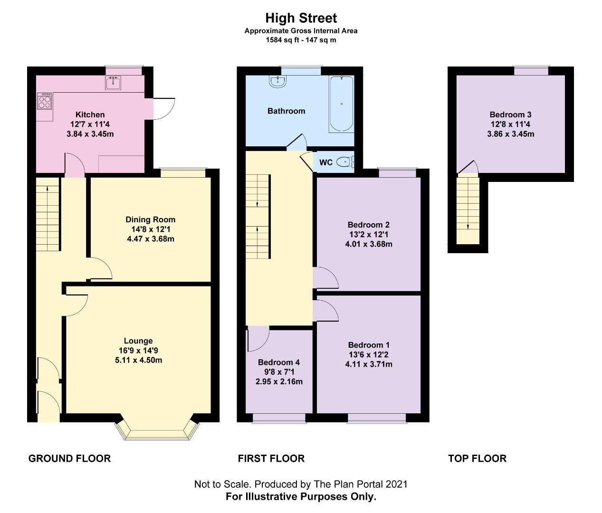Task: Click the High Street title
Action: pyautogui.click(x=301, y=18)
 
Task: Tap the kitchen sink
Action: pyautogui.click(x=114, y=83)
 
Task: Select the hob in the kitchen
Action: pyautogui.click(x=45, y=100)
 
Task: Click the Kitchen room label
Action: pyautogui.click(x=90, y=114)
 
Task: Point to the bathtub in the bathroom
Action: pyautogui.click(x=341, y=104)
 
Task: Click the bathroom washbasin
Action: pyautogui.click(x=277, y=82)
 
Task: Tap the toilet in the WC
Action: pyautogui.click(x=344, y=162)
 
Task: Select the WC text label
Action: pyautogui.click(x=325, y=162)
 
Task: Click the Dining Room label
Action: pyautogui.click(x=150, y=219)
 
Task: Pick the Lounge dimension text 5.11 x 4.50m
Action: pyautogui.click(x=138, y=360)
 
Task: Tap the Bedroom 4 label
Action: pyautogui.click(x=278, y=362)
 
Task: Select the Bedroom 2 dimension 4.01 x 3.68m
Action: pyautogui.click(x=368, y=244)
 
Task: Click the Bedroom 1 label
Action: pyautogui.click(x=368, y=345)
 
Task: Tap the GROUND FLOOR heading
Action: pyautogui.click(x=69, y=458)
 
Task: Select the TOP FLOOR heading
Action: pyautogui.click(x=477, y=458)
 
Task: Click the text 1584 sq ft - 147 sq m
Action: pyautogui.click(x=301, y=40)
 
